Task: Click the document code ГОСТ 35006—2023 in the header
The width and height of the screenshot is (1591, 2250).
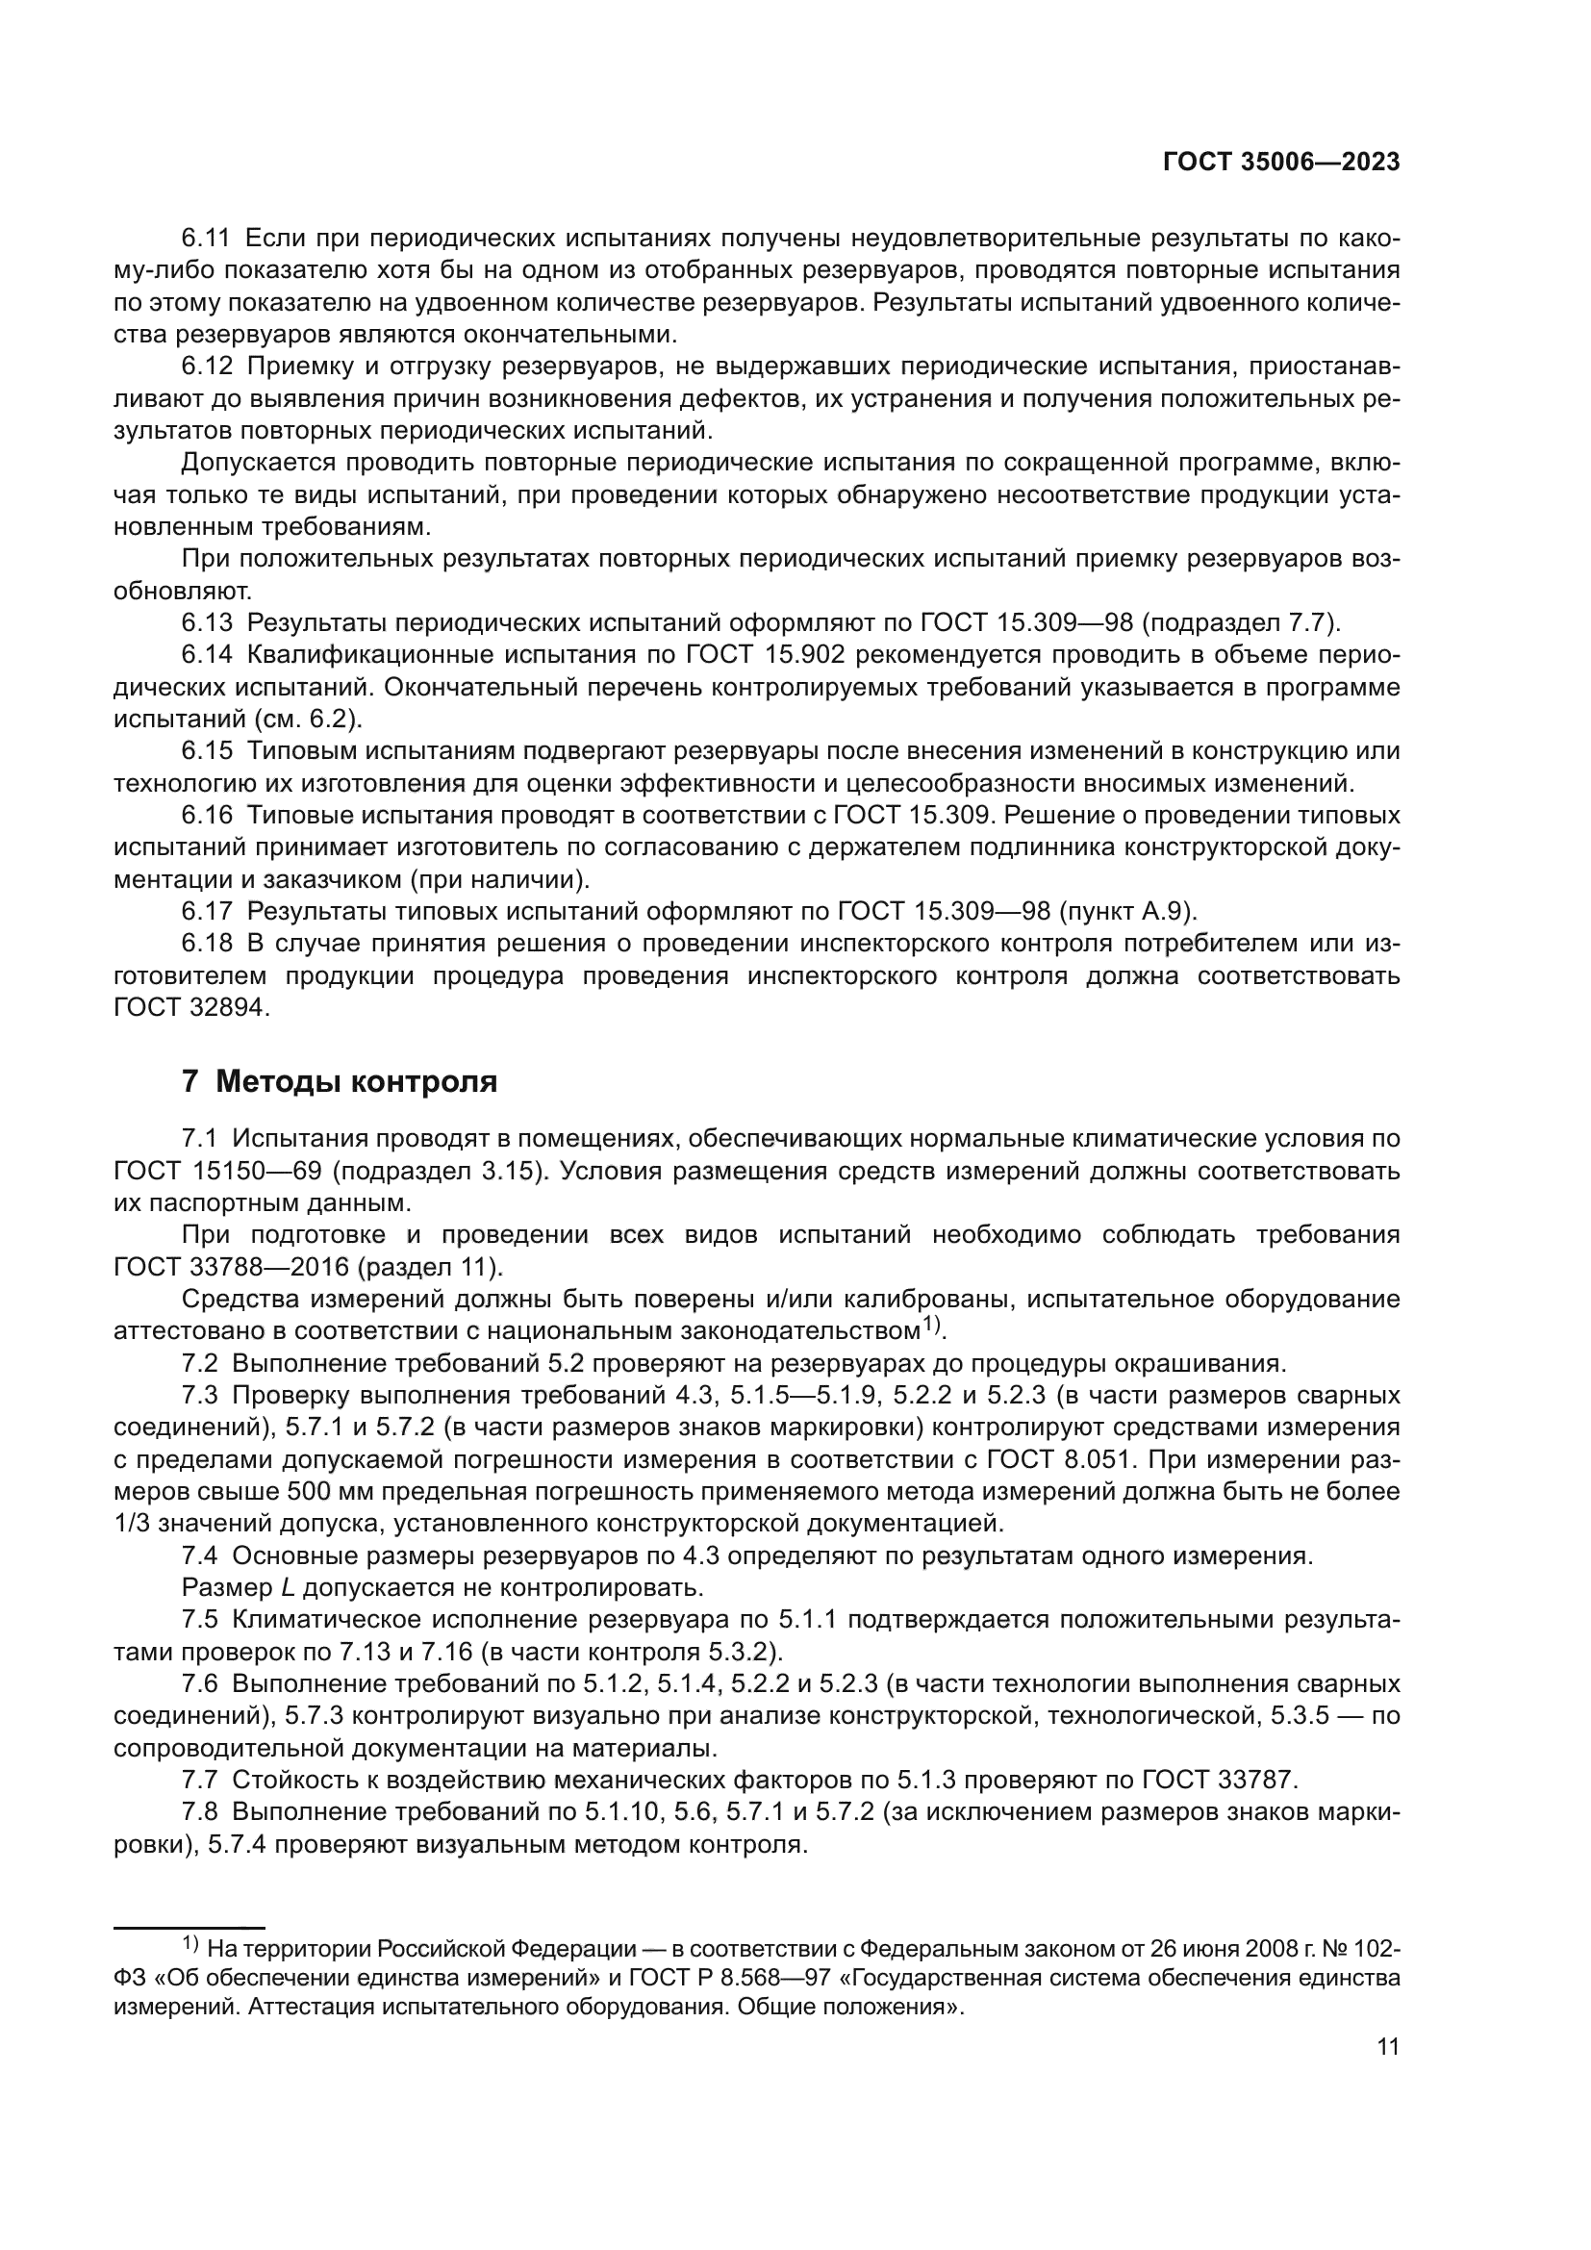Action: coord(1280,163)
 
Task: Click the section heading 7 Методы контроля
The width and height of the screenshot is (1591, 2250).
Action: coord(339,1082)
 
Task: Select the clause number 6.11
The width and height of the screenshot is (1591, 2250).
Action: coord(206,239)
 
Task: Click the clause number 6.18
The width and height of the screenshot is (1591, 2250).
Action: coord(207,944)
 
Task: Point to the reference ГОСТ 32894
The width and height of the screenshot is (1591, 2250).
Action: coord(191,1007)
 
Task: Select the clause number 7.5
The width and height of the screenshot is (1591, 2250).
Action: coord(206,1619)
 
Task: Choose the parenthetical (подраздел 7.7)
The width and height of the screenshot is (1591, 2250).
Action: coord(1240,622)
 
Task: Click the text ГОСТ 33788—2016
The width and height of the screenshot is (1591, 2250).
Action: coord(231,1267)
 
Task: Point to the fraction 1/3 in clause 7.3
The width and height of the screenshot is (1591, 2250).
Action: coord(132,1524)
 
